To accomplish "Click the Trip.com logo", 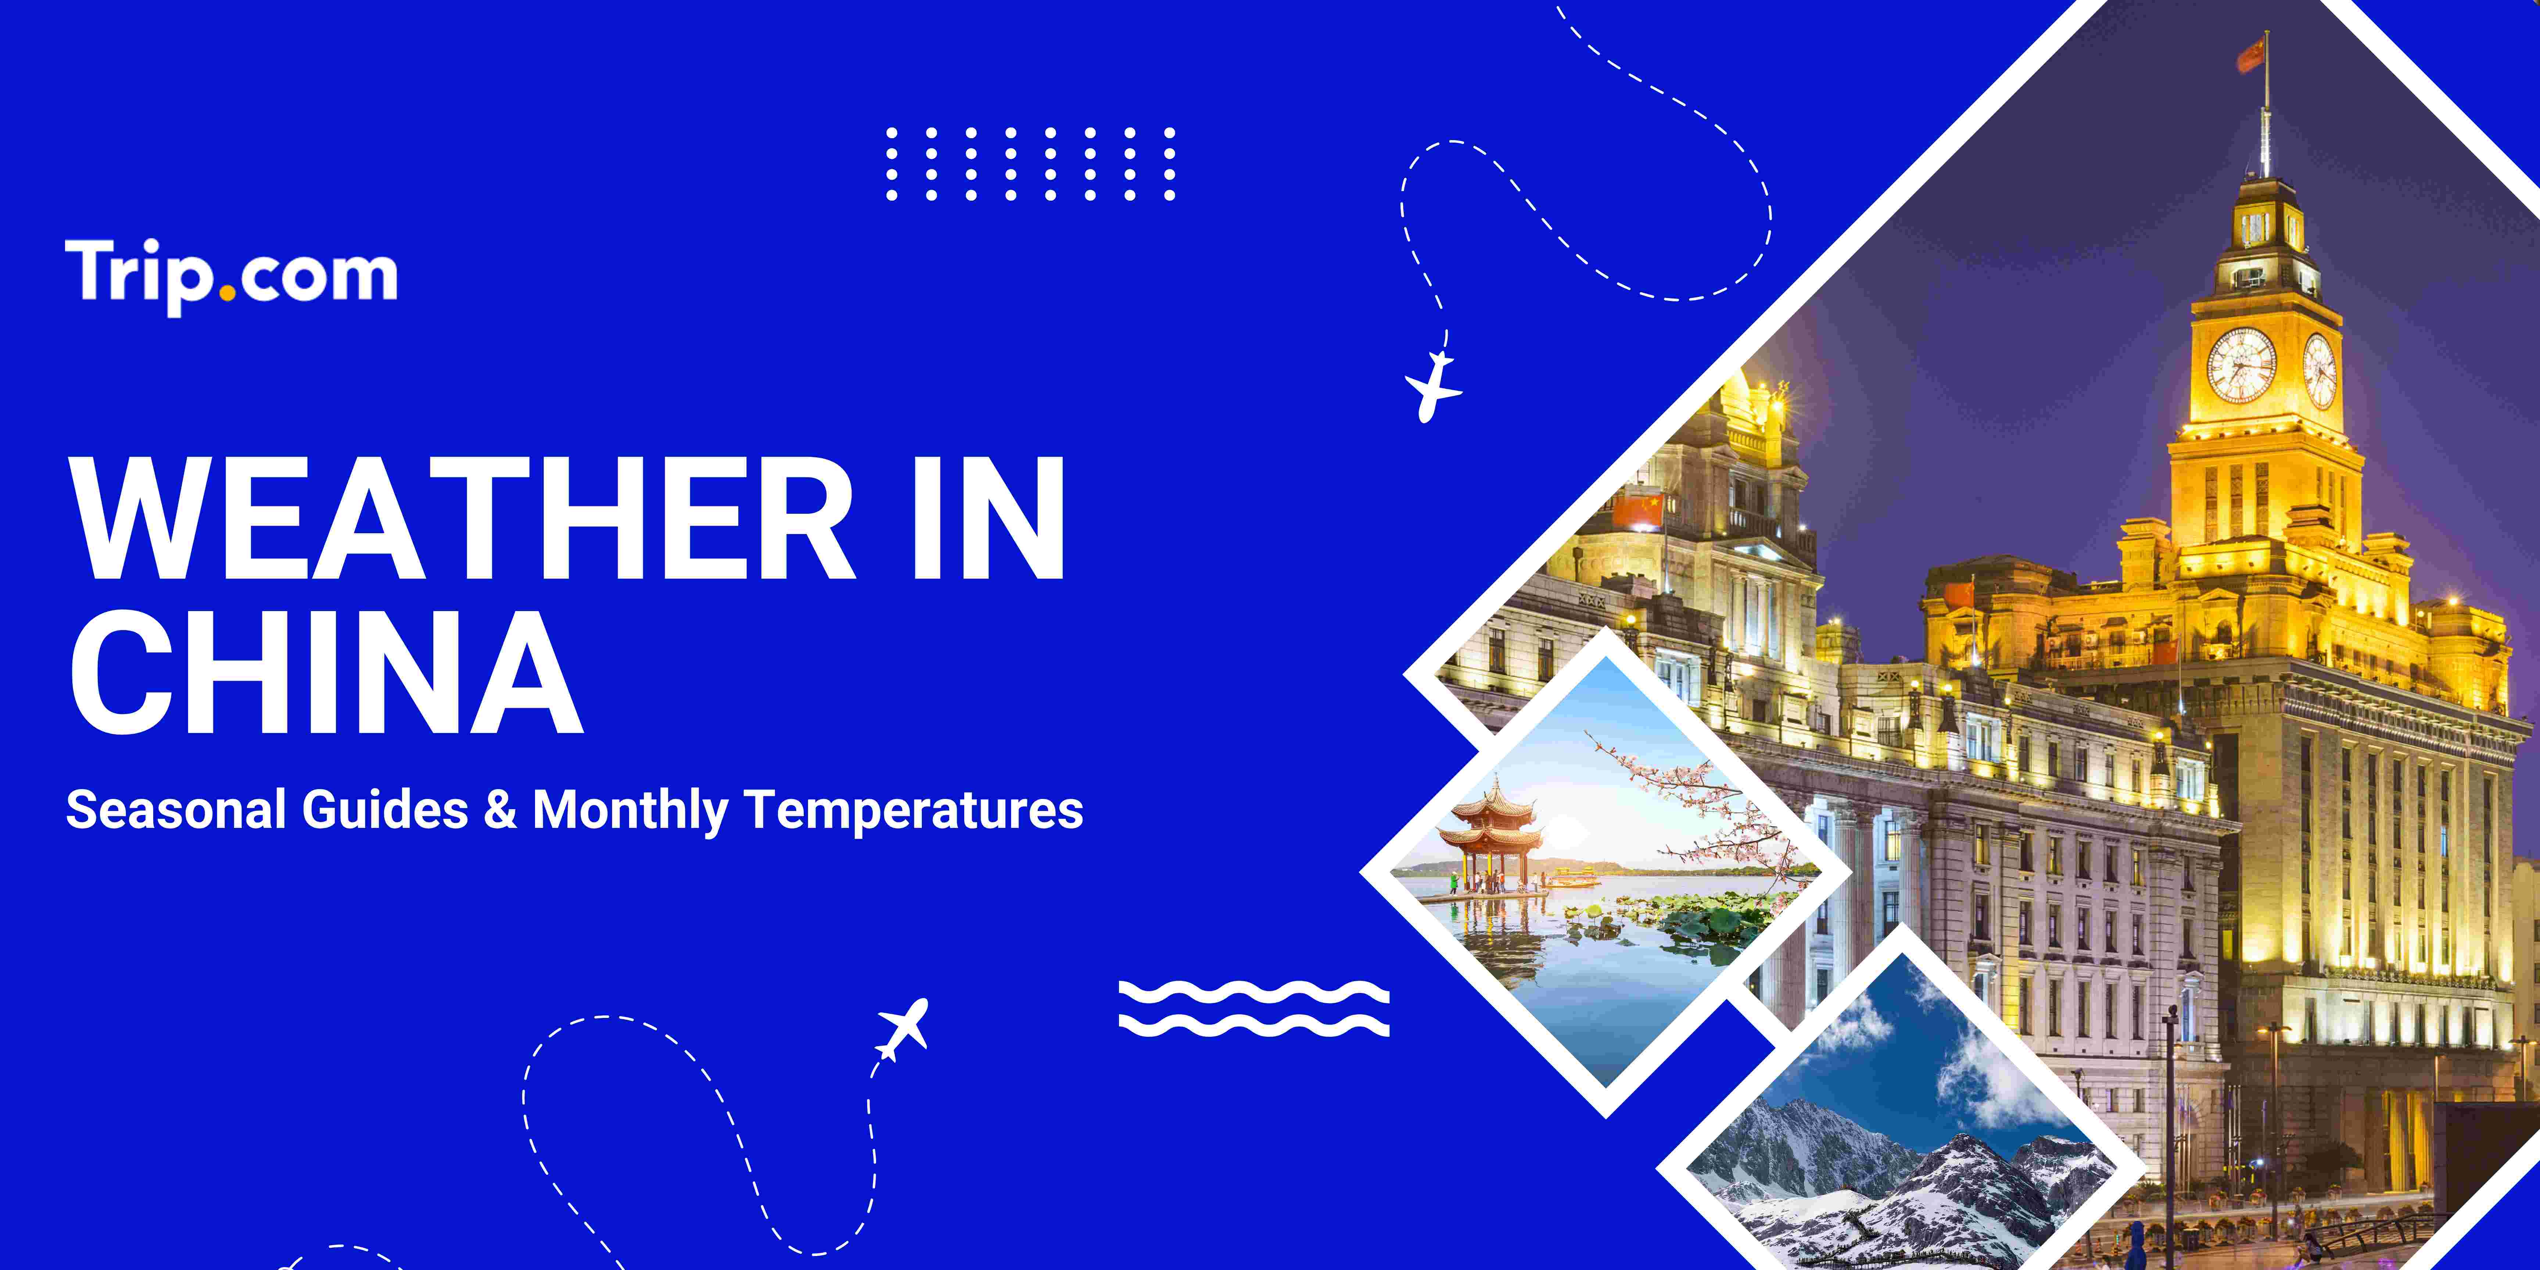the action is point(232,276).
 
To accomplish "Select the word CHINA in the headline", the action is point(326,672).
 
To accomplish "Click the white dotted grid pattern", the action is point(1030,164).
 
